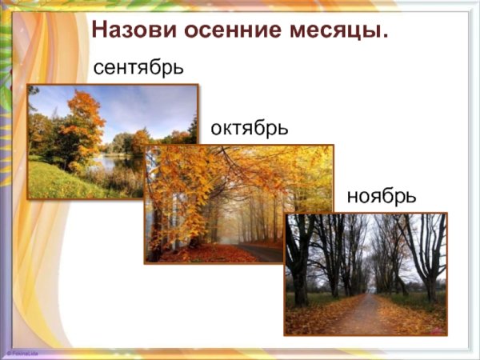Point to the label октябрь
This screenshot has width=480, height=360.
[249, 128]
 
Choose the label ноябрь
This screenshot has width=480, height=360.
[381, 196]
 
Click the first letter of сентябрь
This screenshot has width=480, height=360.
[98, 69]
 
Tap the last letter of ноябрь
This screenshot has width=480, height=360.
[411, 196]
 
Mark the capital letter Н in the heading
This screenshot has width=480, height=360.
[100, 31]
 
